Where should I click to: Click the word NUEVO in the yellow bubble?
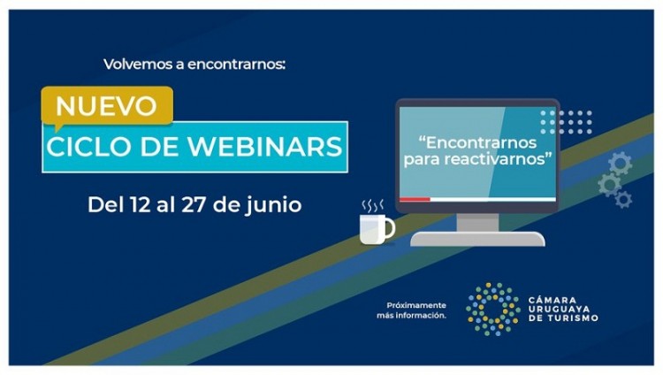[106, 106]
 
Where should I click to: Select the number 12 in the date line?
[141, 204]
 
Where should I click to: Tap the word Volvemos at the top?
[137, 64]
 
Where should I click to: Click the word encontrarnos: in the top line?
[234, 64]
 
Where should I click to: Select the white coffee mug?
[374, 229]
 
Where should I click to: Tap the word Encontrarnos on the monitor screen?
[478, 142]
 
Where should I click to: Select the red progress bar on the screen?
[415, 199]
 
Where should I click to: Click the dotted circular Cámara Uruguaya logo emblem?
[492, 309]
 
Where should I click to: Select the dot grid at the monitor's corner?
[567, 121]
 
